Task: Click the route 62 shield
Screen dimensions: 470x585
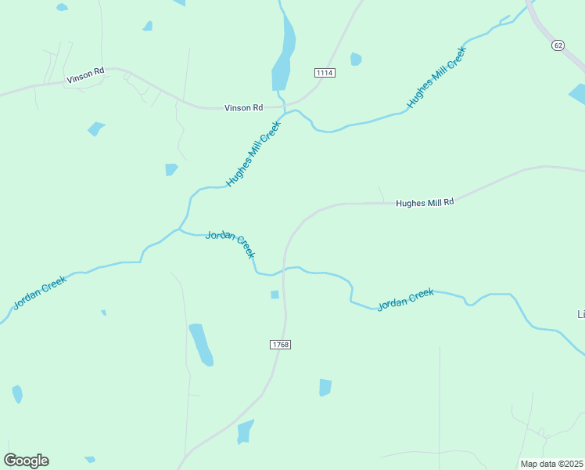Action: tap(557, 45)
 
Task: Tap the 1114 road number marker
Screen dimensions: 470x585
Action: tap(325, 73)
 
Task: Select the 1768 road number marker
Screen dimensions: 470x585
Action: tap(280, 345)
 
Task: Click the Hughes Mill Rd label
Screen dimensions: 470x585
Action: tap(425, 202)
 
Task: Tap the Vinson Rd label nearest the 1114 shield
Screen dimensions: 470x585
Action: tap(243, 108)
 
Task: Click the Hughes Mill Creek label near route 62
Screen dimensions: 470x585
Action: tap(436, 78)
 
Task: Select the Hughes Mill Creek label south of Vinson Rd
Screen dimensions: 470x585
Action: tap(253, 154)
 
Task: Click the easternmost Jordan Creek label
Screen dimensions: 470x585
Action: tap(405, 299)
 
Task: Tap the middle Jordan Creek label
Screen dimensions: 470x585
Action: tap(230, 244)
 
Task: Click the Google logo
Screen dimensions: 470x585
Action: tap(26, 461)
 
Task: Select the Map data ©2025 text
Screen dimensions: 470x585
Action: tap(552, 464)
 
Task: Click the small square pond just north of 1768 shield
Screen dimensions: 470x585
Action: tap(275, 295)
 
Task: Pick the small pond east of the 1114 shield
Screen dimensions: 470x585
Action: tap(357, 59)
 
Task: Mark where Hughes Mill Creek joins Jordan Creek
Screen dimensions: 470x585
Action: tap(181, 230)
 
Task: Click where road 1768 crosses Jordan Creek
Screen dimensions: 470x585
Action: tap(284, 269)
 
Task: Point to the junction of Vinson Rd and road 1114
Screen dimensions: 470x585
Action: tap(285, 103)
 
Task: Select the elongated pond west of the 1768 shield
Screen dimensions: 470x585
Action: tap(201, 345)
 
